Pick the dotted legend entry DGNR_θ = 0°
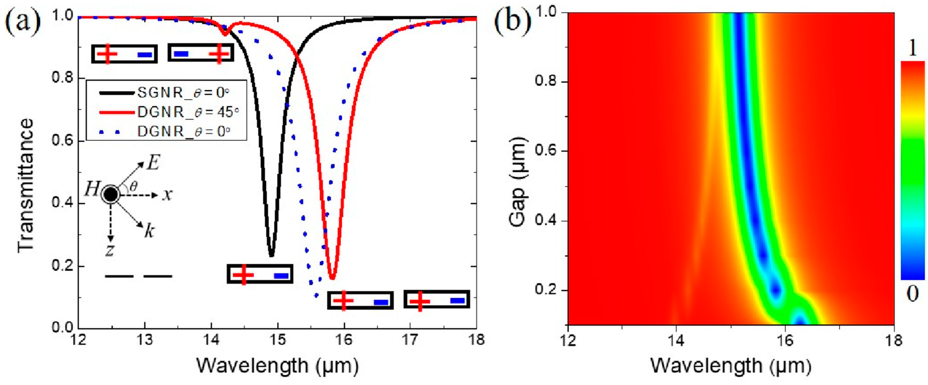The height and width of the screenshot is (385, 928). pyautogui.click(x=183, y=132)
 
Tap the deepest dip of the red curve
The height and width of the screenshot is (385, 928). pyautogui.click(x=332, y=278)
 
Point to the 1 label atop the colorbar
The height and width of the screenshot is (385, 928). pyautogui.click(x=912, y=48)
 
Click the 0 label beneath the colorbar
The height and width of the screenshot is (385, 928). pyautogui.click(x=912, y=294)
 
